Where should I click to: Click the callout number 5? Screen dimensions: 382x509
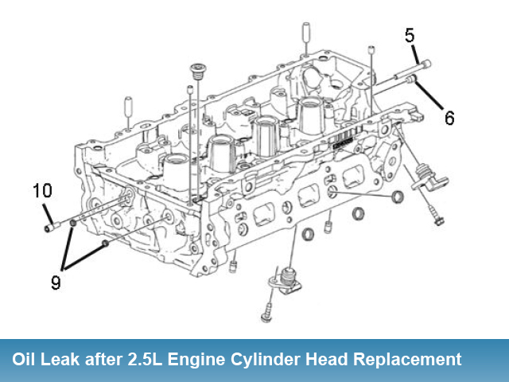(410, 35)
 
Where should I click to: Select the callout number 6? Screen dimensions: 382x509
(449, 119)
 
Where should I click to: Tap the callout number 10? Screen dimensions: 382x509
(42, 191)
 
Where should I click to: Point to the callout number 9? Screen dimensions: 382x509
(56, 282)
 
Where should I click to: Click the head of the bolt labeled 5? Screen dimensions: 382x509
(426, 64)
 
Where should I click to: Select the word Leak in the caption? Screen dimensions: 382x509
(67, 359)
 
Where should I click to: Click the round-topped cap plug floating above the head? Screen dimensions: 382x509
(196, 71)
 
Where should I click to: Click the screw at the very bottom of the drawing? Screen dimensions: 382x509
(267, 317)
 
